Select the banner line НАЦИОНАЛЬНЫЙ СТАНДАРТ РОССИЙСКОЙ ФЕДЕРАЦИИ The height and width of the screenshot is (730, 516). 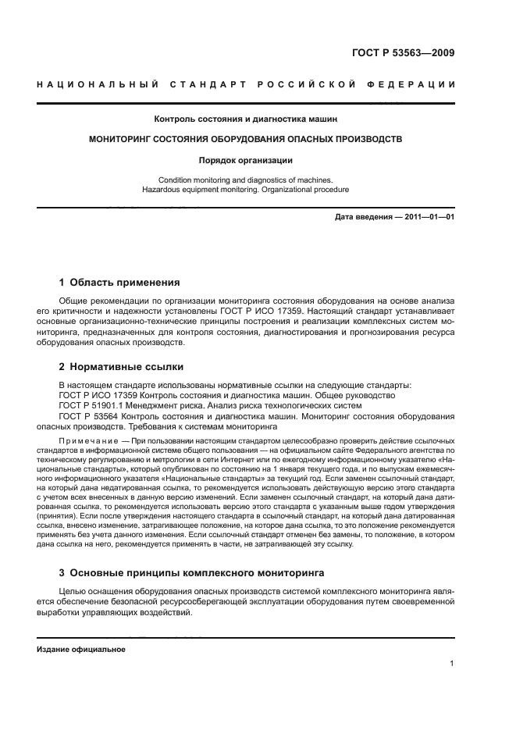(245, 84)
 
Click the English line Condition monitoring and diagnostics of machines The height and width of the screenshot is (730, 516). (245, 180)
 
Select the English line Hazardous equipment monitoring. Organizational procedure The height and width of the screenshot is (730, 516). (245, 190)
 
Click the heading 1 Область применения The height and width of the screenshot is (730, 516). (119, 283)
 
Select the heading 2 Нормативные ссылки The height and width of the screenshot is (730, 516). (122, 366)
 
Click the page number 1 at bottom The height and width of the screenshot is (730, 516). (452, 664)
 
